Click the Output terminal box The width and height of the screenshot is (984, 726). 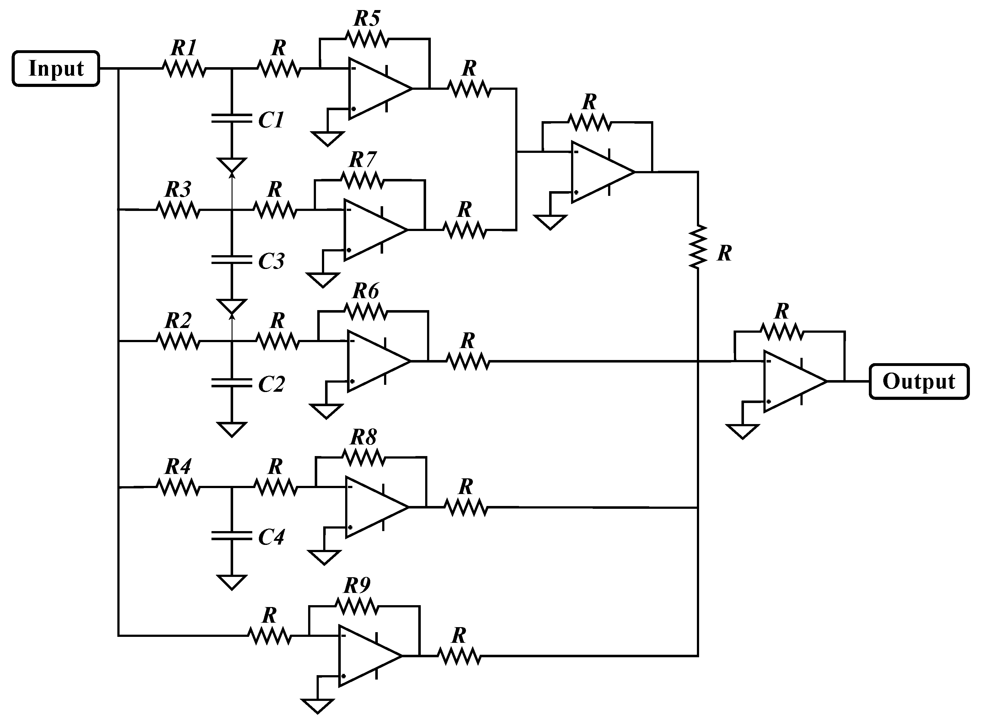pyautogui.click(x=919, y=381)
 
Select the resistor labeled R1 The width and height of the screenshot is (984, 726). pyautogui.click(x=184, y=68)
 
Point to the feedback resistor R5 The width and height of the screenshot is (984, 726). pyautogui.click(x=367, y=39)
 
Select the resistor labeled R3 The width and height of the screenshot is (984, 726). pyautogui.click(x=178, y=210)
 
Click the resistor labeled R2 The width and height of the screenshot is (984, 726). pyautogui.click(x=178, y=341)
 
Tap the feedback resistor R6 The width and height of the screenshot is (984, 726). pyautogui.click(x=366, y=311)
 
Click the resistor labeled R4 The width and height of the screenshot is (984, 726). pyautogui.click(x=178, y=487)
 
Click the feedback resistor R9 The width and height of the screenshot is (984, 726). pyautogui.click(x=357, y=606)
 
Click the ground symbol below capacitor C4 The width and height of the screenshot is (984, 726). pyautogui.click(x=232, y=582)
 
